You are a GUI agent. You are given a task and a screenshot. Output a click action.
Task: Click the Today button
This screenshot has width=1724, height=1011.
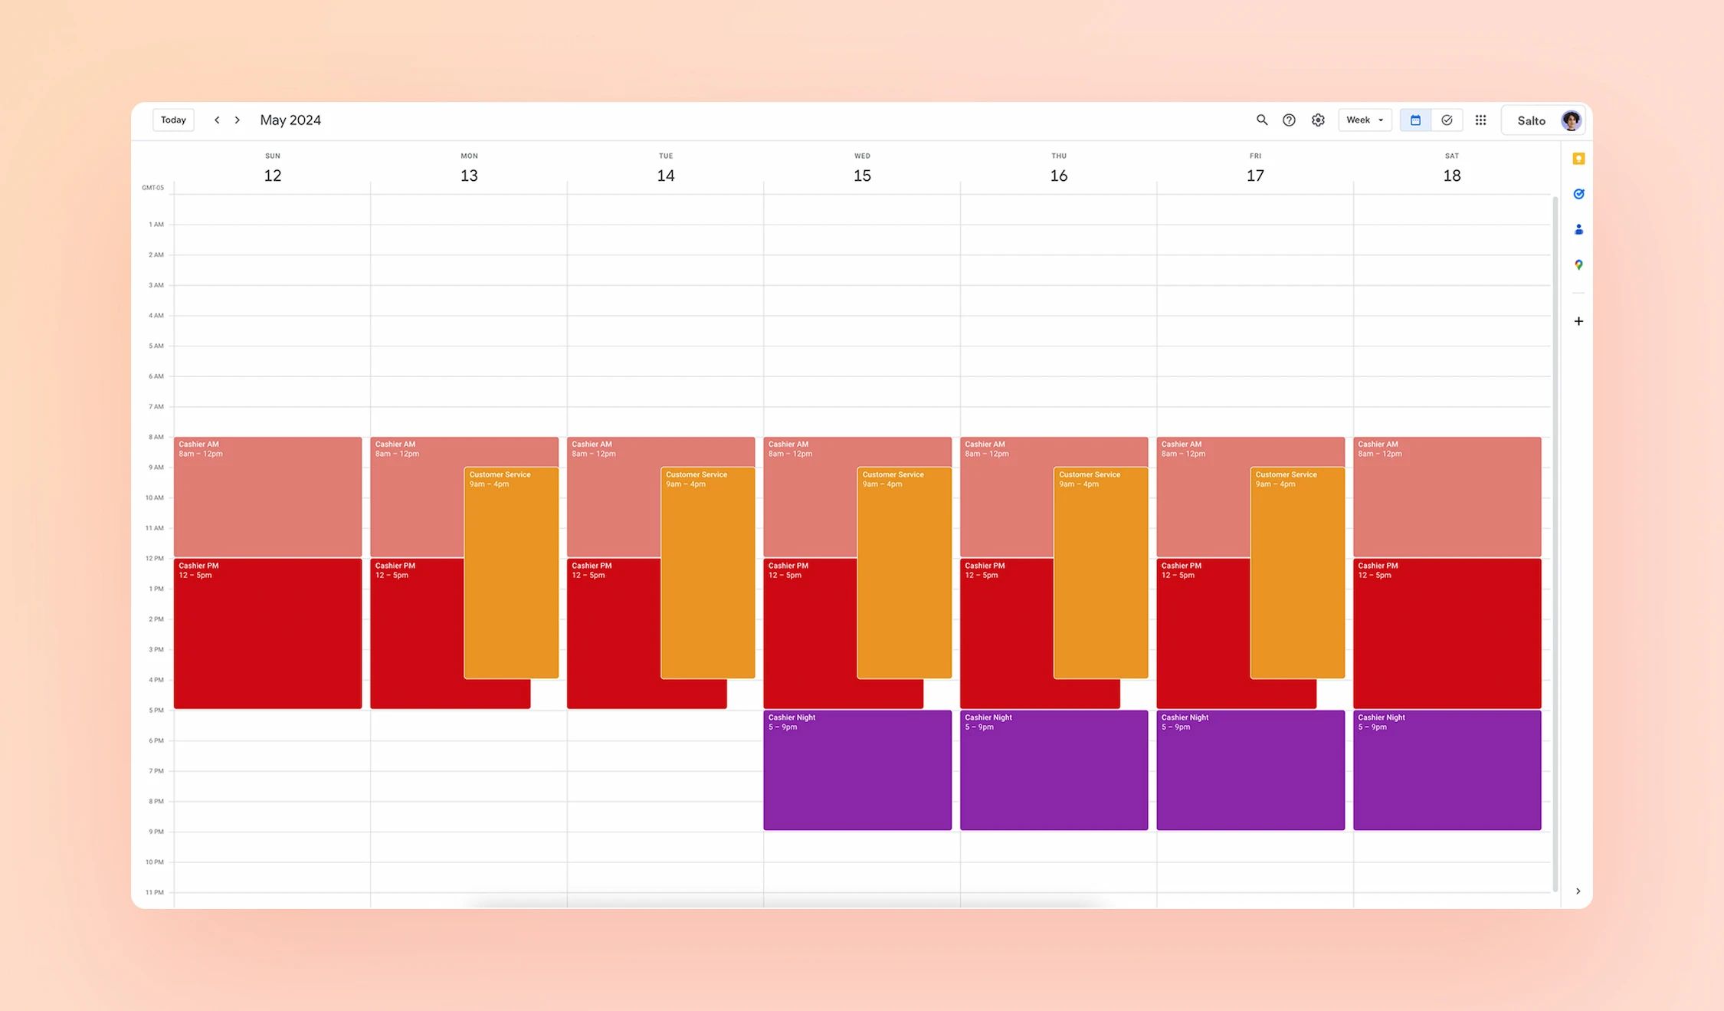[x=173, y=120]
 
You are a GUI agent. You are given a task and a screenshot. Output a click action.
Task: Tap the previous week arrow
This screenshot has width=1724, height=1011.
[x=217, y=120]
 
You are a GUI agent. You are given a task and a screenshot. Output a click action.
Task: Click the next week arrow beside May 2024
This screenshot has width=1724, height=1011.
[x=238, y=120]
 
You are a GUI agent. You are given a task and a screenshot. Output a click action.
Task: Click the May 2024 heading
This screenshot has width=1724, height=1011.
[x=290, y=120]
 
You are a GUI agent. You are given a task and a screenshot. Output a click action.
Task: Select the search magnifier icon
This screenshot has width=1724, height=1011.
[x=1261, y=120]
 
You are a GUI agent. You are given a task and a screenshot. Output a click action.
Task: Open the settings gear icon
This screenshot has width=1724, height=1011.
[x=1318, y=120]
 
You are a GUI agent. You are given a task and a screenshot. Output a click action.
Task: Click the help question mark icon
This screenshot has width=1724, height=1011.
[x=1289, y=120]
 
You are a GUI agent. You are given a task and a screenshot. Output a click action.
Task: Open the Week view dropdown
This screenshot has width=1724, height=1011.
[x=1365, y=120]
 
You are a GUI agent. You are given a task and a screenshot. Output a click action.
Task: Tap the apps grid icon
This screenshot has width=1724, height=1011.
[x=1480, y=120]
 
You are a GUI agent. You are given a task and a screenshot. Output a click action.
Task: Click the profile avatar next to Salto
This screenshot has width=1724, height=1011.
[x=1571, y=120]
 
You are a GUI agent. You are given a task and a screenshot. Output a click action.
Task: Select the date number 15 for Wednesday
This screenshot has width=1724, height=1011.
[x=862, y=176]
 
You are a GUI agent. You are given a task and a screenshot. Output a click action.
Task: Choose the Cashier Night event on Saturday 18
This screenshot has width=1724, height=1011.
[x=1447, y=770]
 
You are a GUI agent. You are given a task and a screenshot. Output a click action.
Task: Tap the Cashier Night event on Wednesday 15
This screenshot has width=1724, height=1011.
[x=857, y=770]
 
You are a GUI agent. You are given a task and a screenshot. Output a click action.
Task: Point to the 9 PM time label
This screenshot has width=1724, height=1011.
[x=156, y=832]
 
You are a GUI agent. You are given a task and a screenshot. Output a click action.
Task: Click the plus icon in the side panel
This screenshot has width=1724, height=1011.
[x=1578, y=321]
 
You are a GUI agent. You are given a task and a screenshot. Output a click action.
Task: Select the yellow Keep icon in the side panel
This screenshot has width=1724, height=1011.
[x=1578, y=159]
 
